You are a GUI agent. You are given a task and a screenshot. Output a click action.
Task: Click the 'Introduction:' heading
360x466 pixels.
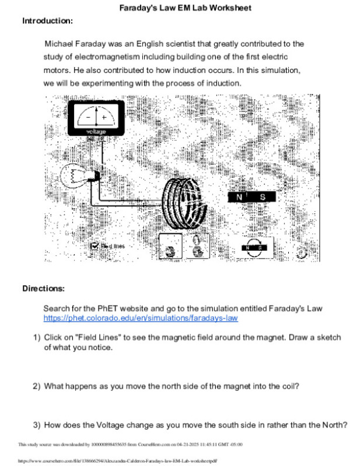pyautogui.click(x=47, y=21)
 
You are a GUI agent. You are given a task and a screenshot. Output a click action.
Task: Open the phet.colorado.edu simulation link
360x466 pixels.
pyautogui.click(x=141, y=318)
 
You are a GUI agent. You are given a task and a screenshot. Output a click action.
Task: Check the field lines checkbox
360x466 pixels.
pyautogui.click(x=95, y=246)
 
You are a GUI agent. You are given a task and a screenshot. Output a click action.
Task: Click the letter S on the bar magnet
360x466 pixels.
pyautogui.click(x=263, y=197)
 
